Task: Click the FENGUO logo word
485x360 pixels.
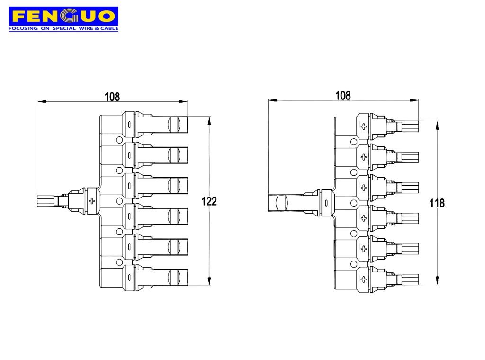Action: [63, 17]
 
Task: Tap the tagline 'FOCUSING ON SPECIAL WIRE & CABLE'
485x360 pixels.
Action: [63, 29]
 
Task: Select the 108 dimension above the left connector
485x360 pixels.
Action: [112, 97]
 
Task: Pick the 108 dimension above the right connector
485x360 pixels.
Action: [343, 95]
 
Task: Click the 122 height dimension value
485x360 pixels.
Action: [209, 201]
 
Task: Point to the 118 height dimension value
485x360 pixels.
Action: [437, 203]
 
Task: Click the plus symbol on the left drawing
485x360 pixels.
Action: [91, 201]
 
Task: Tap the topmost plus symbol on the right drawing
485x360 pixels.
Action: [364, 126]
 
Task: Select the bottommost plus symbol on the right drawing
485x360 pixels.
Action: [364, 279]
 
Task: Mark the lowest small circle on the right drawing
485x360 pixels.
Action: [353, 264]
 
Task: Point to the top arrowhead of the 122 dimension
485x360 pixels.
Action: [209, 119]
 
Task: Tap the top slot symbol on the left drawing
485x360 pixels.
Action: [129, 125]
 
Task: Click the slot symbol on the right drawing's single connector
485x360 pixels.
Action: [326, 203]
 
